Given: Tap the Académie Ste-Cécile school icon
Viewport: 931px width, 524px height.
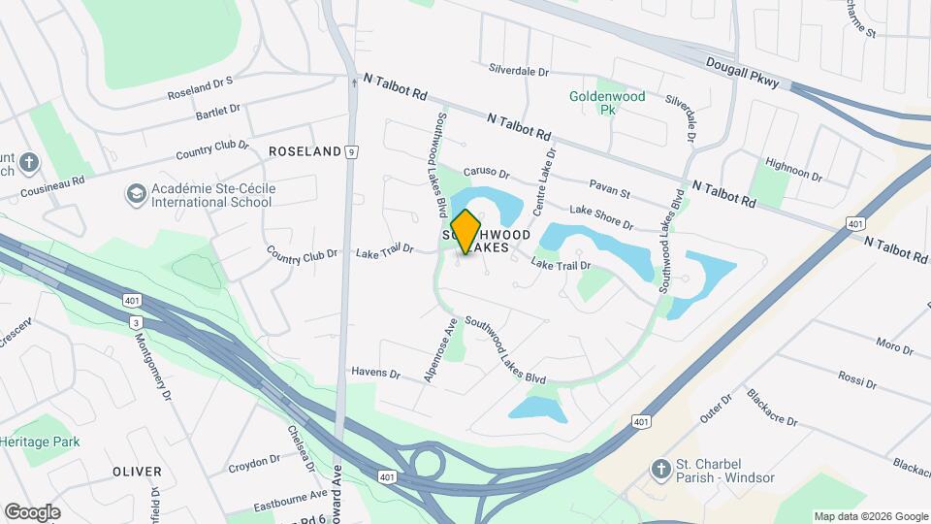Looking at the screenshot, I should pos(136,195).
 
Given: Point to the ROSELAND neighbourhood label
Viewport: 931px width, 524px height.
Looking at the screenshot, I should pos(305,151).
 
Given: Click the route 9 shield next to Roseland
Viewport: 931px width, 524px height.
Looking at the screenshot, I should pos(352,151).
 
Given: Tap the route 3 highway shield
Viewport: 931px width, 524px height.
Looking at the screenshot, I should pos(134,322).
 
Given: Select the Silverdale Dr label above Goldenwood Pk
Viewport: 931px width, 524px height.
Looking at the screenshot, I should pos(519,72).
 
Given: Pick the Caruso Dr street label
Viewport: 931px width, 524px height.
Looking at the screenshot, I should pos(486,174).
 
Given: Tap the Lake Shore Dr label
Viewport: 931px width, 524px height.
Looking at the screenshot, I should pos(601,217).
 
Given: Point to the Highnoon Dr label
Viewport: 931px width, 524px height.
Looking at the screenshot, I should pos(793,170).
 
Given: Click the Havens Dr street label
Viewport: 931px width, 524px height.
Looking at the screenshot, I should pos(376,373).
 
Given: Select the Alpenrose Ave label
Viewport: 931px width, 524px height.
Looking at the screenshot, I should pos(439,349).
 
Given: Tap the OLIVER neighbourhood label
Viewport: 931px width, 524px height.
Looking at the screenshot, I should pos(137,472).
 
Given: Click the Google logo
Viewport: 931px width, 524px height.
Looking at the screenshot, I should pos(32,511).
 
